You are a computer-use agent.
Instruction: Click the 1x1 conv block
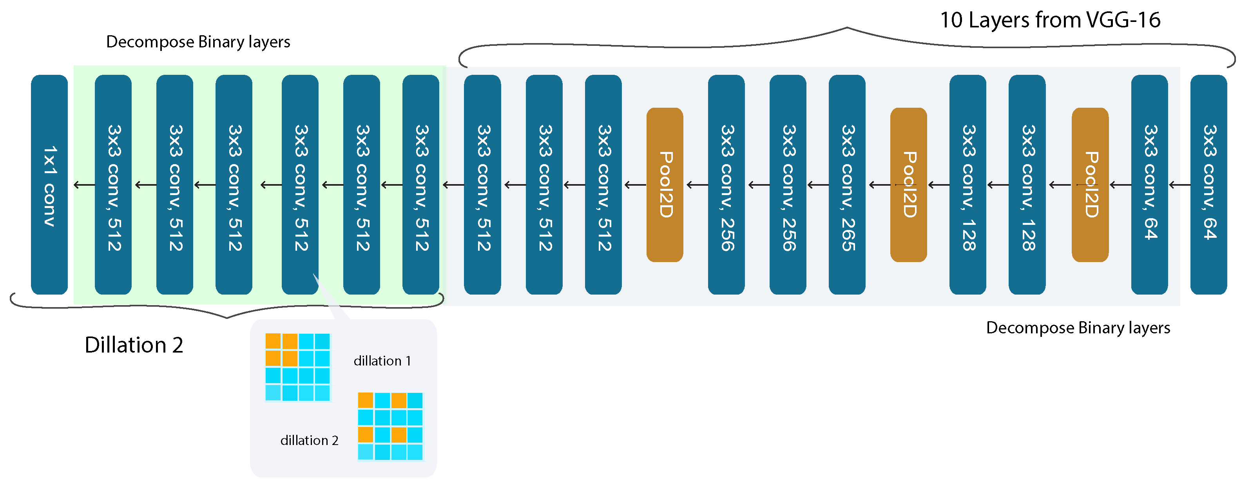coord(49,185)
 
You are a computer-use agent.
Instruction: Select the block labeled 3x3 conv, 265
coord(846,185)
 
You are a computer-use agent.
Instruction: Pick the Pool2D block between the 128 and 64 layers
coord(1090,185)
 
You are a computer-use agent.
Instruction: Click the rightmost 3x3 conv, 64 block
coord(1208,185)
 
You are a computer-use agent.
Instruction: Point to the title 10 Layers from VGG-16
coord(1050,20)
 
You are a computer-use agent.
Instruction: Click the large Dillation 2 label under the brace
coord(134,345)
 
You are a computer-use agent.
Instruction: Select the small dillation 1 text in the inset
coord(382,361)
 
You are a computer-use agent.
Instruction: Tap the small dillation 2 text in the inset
coord(309,440)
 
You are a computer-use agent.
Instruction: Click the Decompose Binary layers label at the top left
coord(198,42)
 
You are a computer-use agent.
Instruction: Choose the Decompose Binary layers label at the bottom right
coord(1078,328)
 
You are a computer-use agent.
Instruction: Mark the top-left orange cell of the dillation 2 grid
coord(365,400)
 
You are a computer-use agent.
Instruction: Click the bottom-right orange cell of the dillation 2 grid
coord(399,435)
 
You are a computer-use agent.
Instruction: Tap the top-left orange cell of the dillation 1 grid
coord(273,341)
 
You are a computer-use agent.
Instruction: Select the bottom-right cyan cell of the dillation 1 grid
coord(322,393)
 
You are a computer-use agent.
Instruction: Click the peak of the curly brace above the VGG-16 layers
coord(846,28)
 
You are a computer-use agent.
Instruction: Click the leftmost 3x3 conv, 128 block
coord(967,185)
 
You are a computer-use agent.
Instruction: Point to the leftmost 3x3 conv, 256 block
coord(726,185)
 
